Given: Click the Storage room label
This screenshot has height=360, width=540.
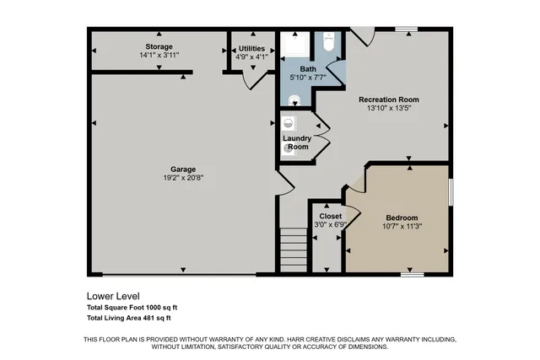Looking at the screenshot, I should pos(159,46).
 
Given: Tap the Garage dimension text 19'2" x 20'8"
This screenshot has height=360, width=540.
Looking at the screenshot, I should pos(183,178).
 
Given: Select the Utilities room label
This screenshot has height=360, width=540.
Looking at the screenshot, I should pos(251,48).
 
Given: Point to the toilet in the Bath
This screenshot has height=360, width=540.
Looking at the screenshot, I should pos(330,42).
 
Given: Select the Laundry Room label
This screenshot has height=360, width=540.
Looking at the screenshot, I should pos(296,142).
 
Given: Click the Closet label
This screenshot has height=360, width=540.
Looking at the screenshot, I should pos(330,216).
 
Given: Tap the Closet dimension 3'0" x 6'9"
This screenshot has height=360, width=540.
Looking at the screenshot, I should pos(330,224).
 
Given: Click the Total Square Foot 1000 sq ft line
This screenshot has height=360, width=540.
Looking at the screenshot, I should pos(132,307).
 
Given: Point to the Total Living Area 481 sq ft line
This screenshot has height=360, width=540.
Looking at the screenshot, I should pos(129,318).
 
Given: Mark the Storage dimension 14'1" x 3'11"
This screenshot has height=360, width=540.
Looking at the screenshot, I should pos(159,55).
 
